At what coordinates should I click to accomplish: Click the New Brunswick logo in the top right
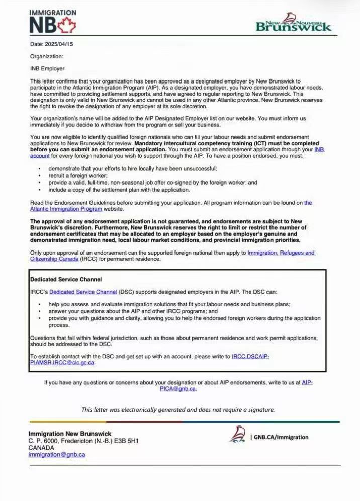294,23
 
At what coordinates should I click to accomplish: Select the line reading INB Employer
47,68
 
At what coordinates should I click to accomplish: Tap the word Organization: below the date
47,56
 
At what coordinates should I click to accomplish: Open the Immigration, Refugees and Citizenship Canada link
282,253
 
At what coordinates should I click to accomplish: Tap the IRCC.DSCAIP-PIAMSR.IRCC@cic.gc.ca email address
250,356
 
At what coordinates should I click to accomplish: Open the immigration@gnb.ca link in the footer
57,454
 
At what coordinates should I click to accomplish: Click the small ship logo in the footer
237,434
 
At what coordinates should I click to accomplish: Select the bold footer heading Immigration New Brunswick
70,434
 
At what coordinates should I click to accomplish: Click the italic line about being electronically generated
178,409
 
